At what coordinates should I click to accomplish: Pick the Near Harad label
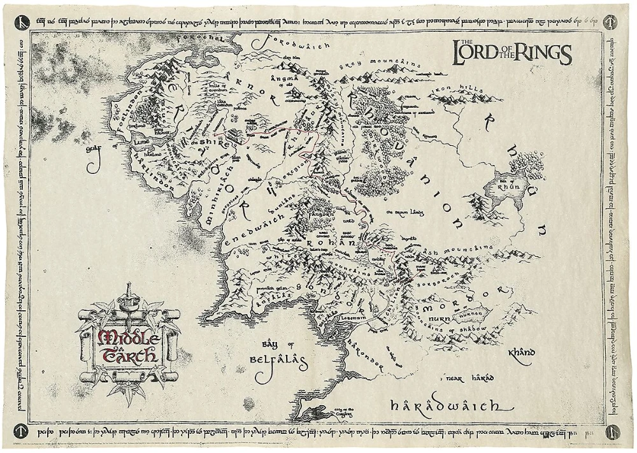click(470, 378)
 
